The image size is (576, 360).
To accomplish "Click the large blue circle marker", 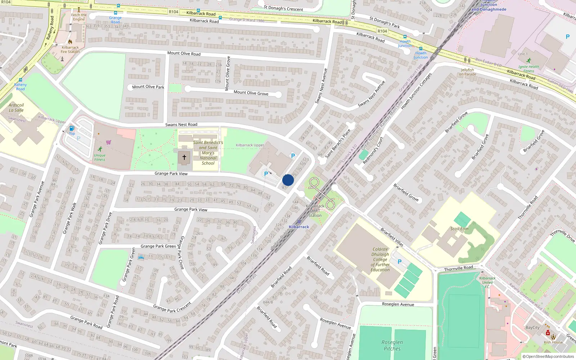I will click(288, 180).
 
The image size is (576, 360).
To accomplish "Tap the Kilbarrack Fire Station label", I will click(70, 50).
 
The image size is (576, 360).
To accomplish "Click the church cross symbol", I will click(184, 157).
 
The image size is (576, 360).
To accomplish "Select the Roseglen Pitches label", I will click(392, 346).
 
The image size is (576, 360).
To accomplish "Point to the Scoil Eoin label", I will click(459, 229).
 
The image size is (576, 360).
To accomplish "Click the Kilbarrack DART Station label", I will click(315, 211).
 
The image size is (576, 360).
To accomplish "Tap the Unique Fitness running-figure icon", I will click(100, 149).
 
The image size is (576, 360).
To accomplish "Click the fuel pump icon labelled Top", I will click(72, 129).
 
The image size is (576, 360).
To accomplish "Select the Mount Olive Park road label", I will click(148, 87).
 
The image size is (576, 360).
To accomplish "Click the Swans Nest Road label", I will click(181, 125).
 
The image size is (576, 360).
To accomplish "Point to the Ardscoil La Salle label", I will click(16, 108).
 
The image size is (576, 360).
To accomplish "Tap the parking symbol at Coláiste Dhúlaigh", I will click(399, 262).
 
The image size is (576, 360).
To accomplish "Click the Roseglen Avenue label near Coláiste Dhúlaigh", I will click(398, 304).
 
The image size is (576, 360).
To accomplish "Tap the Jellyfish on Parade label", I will click(468, 72).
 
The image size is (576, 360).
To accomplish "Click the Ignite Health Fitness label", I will click(528, 68).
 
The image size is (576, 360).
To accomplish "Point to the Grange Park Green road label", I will click(158, 246).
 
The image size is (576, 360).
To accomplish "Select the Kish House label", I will click(553, 342).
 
